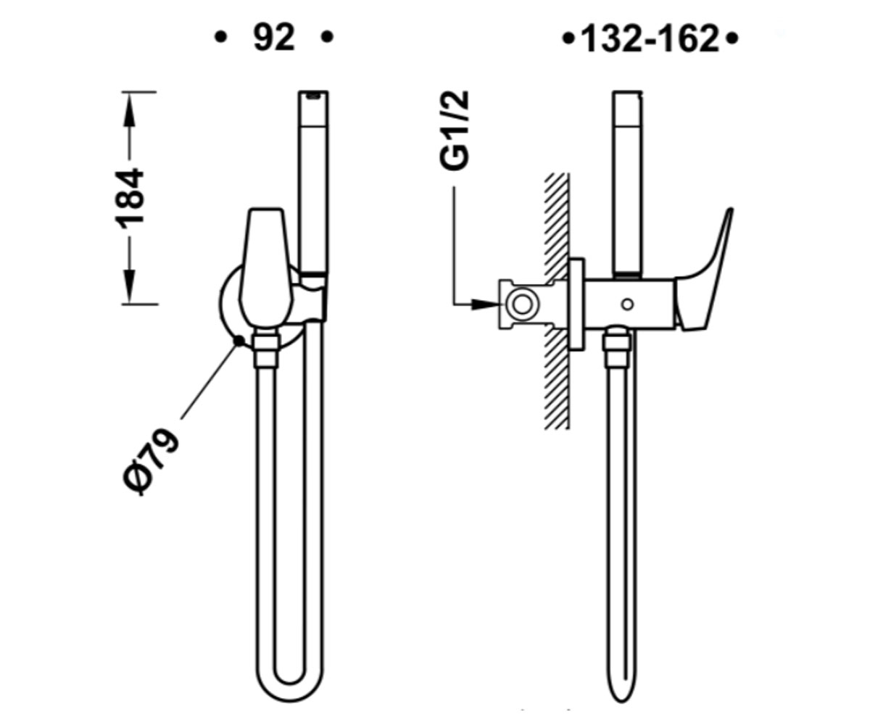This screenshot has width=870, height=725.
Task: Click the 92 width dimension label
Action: coord(274,38)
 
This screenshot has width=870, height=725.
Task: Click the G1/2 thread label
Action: coord(454,130)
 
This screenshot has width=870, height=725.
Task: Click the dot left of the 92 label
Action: coord(221,37)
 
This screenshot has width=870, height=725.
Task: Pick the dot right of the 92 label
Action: coord(328,37)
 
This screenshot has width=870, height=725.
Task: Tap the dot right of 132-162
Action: coord(732,39)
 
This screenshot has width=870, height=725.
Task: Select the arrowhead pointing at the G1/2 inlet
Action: coord(486,304)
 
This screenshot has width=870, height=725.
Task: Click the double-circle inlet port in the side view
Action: coord(522,305)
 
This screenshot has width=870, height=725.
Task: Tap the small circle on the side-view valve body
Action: coord(627,304)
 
